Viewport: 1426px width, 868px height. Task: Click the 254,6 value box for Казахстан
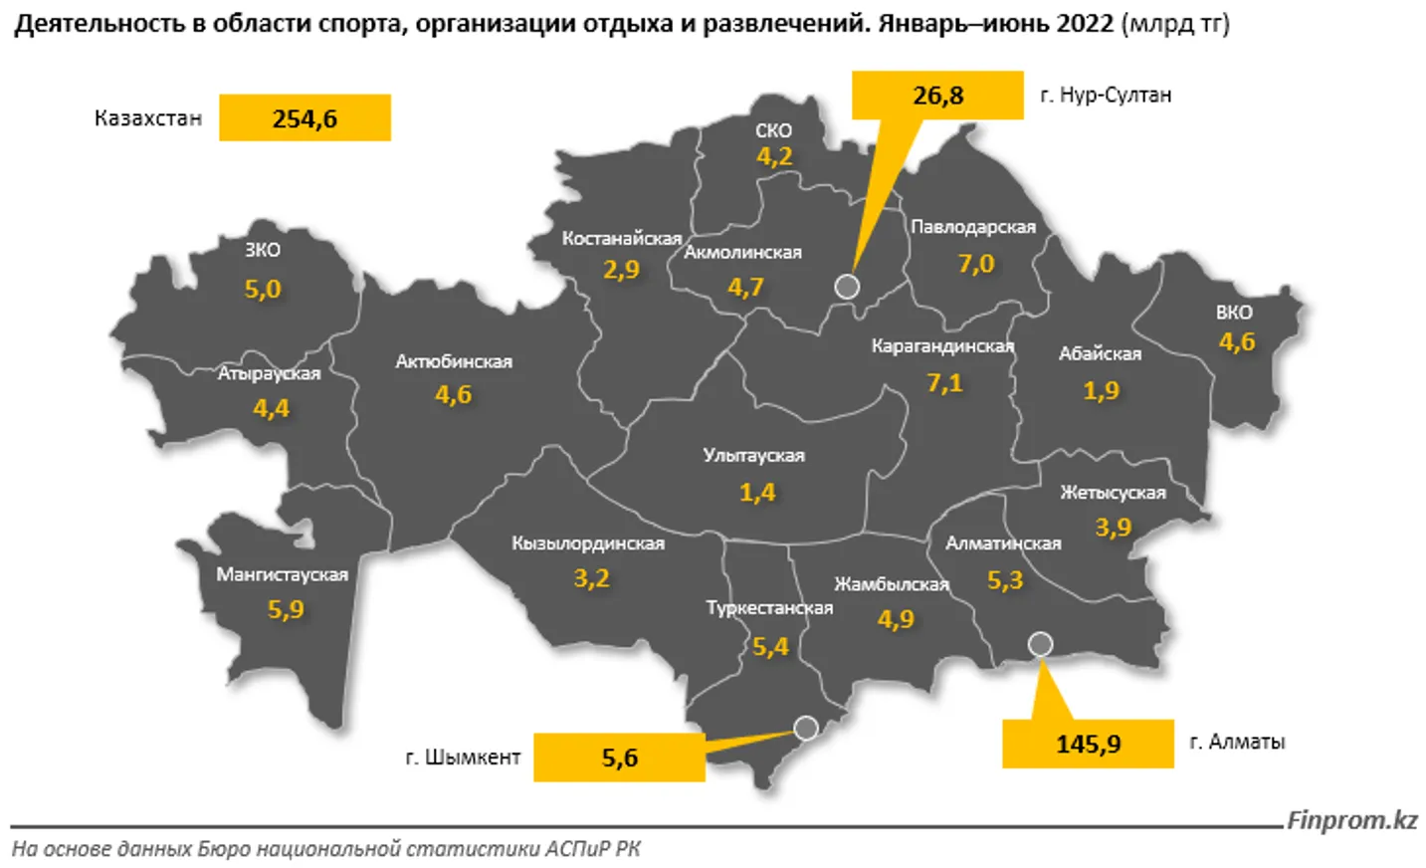305,118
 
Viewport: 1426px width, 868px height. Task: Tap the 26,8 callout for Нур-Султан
937,96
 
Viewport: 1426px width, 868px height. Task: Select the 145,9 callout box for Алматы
1088,744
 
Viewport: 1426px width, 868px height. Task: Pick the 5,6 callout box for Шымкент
619,758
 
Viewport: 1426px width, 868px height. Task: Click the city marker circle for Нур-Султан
847,287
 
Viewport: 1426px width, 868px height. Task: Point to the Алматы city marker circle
1040,644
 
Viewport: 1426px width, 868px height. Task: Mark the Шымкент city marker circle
806,729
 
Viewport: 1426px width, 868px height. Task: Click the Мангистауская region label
282,574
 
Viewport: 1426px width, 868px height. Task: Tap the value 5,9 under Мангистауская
286,609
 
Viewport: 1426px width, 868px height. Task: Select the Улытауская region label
753,456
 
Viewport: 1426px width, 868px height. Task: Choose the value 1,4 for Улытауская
757,492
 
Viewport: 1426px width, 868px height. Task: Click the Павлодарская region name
973,227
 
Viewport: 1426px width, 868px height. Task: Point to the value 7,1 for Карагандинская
944,382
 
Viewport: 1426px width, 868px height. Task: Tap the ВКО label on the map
1234,312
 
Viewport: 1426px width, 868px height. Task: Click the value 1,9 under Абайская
1102,390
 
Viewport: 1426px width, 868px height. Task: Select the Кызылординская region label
588,543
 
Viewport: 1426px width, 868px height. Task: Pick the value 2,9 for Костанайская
621,270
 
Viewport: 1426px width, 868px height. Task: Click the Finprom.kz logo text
1351,820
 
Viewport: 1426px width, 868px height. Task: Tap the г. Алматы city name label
1237,742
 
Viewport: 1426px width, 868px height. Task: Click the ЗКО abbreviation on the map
263,250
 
